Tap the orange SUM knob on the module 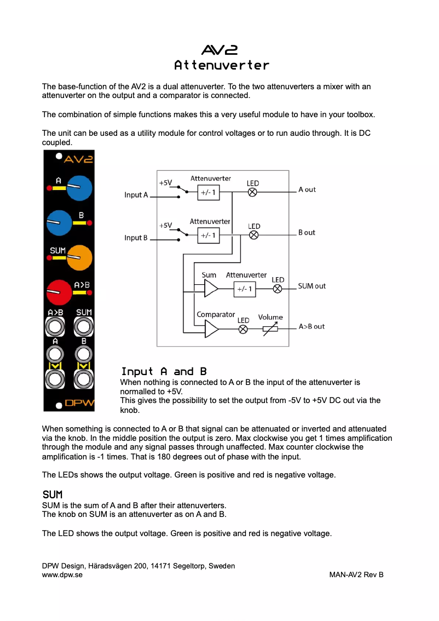click(80, 256)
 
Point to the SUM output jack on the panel click(83, 327)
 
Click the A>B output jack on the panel click(55, 327)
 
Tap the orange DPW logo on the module click(79, 404)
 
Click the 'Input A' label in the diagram click(136, 195)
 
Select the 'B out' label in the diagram click(307, 233)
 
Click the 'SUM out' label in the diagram click(311, 286)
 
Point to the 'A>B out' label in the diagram click(311, 326)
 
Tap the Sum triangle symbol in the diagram click(211, 288)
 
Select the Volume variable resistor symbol click(270, 329)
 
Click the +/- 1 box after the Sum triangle click(244, 289)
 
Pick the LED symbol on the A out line click(252, 192)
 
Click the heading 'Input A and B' click(164, 372)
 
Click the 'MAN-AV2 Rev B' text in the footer click(356, 575)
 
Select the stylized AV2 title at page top click(220, 50)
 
